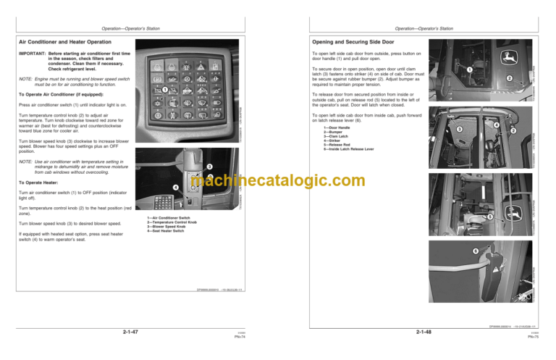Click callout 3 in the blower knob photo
209,167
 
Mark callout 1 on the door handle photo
469,70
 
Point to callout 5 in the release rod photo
490,217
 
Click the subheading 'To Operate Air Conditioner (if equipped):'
62,94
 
